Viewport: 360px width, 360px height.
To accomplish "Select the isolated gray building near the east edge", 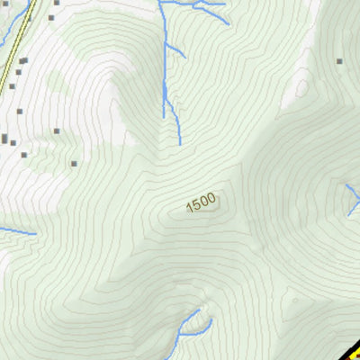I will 339,61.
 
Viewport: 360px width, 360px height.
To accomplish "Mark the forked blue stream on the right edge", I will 352,198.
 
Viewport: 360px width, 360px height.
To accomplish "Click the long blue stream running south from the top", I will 166,63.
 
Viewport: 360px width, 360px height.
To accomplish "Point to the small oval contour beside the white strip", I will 303,88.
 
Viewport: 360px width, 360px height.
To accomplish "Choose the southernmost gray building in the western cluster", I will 73,163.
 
